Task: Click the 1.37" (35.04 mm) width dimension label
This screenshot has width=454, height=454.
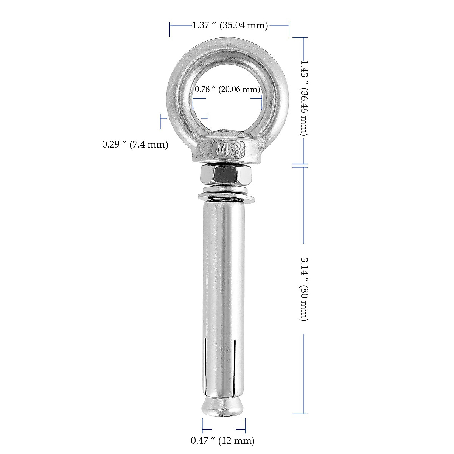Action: [230, 26]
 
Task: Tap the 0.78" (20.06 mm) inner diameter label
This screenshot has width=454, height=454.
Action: [227, 90]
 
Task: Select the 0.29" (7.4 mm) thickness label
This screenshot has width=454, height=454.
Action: [135, 144]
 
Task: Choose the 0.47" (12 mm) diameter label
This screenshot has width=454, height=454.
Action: [222, 440]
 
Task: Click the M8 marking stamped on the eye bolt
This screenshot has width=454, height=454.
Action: [229, 150]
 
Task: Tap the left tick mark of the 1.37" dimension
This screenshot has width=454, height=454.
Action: [170, 29]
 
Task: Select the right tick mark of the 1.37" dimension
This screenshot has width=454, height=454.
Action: [289, 29]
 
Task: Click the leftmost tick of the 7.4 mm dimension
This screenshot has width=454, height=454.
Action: [161, 121]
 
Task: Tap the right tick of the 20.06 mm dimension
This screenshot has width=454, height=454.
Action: [262, 103]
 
